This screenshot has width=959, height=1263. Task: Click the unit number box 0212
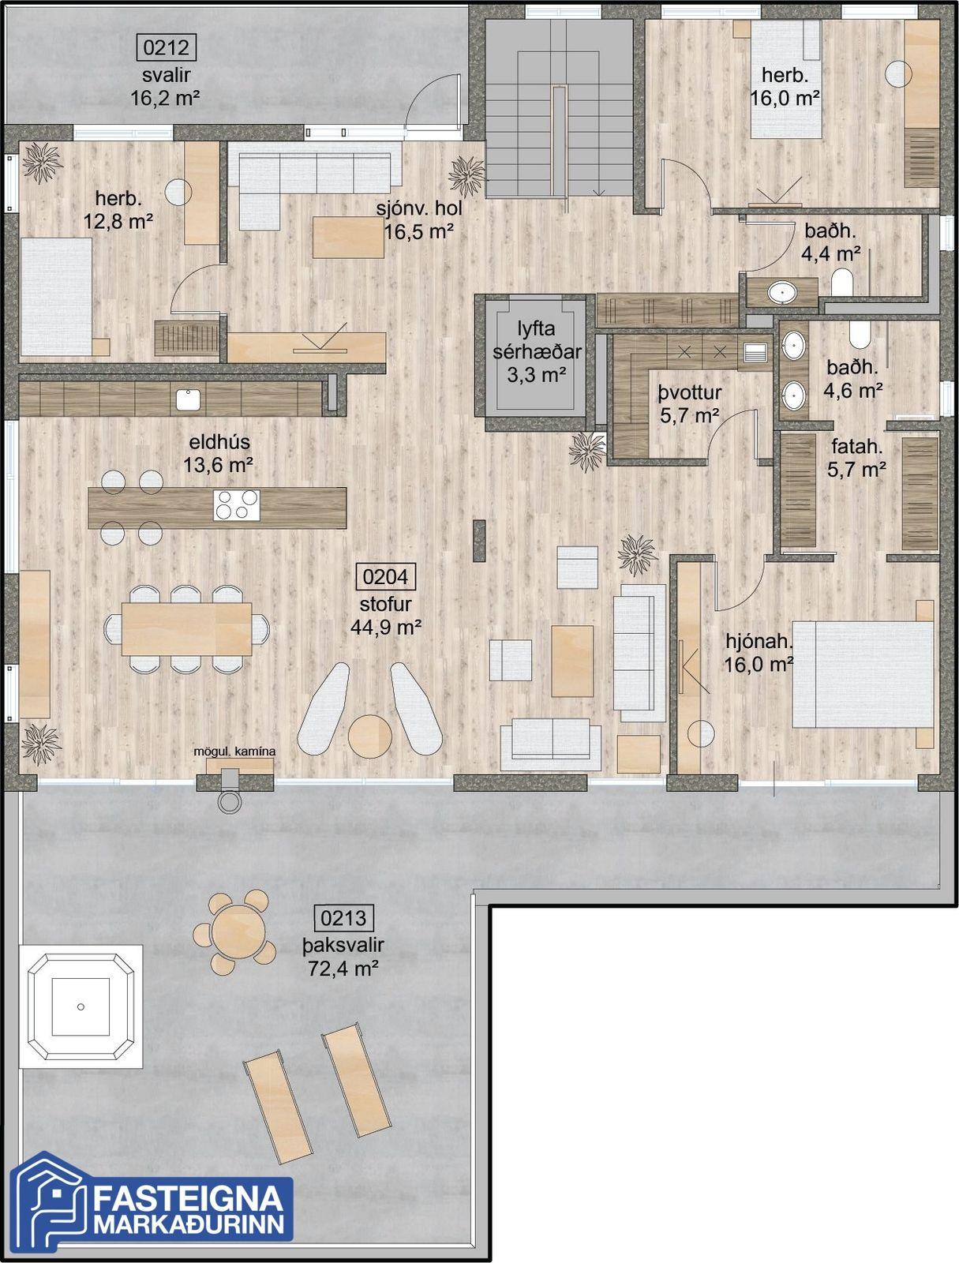(x=167, y=47)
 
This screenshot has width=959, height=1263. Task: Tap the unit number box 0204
(x=385, y=576)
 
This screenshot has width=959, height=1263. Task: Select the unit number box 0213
(x=343, y=918)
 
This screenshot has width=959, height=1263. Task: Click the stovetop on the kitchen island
(x=237, y=505)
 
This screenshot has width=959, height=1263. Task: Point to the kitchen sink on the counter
(x=188, y=399)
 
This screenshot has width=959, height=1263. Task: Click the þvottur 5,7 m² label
(x=690, y=404)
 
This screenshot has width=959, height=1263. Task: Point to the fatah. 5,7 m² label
(x=856, y=458)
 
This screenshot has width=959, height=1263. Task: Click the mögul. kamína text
(x=234, y=751)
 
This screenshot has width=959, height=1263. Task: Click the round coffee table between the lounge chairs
(x=370, y=736)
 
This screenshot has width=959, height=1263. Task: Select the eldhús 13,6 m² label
(x=219, y=453)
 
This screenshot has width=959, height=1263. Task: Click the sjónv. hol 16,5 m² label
(x=419, y=220)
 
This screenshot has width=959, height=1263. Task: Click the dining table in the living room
(x=186, y=629)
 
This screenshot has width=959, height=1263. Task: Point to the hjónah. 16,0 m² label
(x=759, y=653)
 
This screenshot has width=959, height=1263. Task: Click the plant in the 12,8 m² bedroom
(x=42, y=163)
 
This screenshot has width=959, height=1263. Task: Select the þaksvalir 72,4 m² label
(x=343, y=957)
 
